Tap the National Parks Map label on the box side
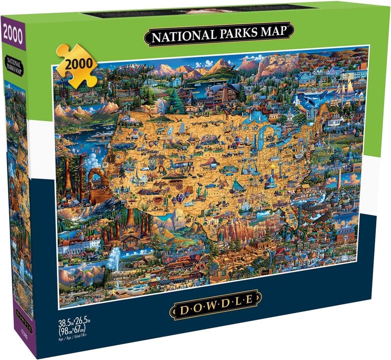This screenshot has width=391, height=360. click(x=16, y=62)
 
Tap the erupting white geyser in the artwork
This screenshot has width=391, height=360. click(x=115, y=256)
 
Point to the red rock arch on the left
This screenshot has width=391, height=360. click(x=97, y=181)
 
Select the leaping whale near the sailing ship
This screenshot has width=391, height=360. click(x=308, y=102)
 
